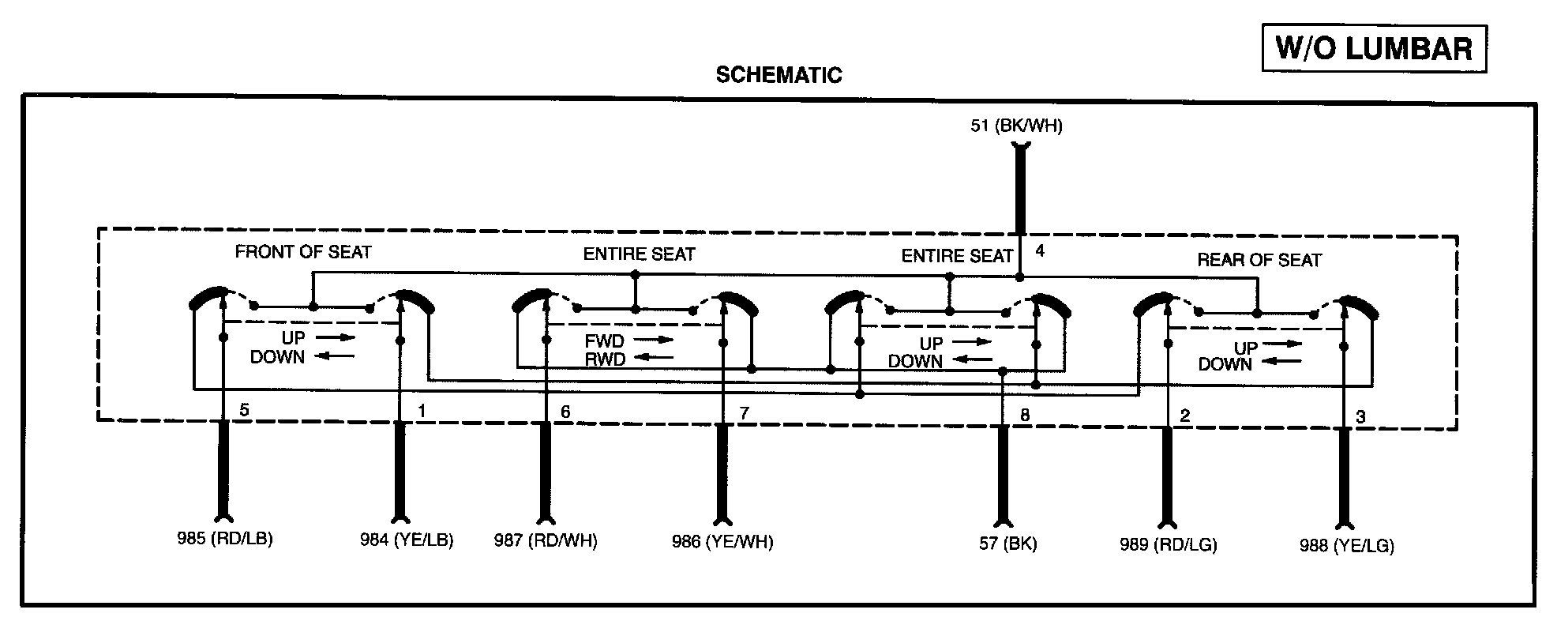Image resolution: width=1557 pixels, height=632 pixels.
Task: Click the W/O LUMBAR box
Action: [x=1374, y=48]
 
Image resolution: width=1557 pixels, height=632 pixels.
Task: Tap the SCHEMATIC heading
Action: [x=778, y=75]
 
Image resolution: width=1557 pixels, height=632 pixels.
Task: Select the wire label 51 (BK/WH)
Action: [x=1016, y=126]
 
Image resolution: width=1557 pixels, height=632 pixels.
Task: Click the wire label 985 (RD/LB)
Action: [x=225, y=540]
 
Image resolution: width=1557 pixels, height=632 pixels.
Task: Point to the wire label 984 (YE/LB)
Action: [x=407, y=541]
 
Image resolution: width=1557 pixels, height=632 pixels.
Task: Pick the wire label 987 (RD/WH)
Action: [x=546, y=541]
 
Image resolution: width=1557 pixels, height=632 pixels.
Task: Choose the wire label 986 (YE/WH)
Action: [x=722, y=542]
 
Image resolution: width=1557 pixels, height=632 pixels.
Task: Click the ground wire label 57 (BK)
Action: [x=1007, y=544]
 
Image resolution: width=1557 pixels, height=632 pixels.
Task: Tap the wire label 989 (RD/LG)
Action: [x=1168, y=544]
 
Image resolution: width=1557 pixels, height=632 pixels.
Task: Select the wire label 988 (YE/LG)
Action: [x=1346, y=545]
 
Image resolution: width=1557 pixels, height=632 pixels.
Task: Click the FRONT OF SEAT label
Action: [x=303, y=252]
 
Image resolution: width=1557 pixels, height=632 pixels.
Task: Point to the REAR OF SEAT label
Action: [x=1259, y=260]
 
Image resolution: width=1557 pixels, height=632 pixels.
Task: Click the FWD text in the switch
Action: [x=604, y=341]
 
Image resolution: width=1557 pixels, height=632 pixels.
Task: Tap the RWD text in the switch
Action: [x=605, y=359]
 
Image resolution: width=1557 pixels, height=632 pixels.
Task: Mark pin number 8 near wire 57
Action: [x=1025, y=415]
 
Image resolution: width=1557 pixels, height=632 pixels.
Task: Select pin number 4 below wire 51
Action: [x=1040, y=251]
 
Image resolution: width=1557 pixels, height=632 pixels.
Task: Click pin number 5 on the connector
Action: [x=245, y=410]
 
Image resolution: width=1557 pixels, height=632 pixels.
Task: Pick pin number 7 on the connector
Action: [x=743, y=412]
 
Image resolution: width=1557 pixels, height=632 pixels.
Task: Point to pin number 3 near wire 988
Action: [x=1360, y=416]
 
